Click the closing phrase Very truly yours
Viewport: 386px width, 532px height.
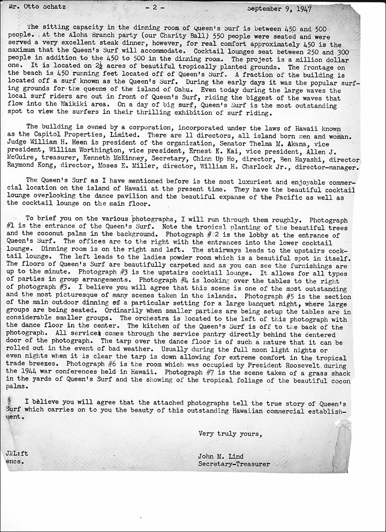[230, 434]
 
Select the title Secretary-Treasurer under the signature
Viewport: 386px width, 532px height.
[234, 464]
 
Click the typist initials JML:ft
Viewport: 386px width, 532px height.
[17, 453]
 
